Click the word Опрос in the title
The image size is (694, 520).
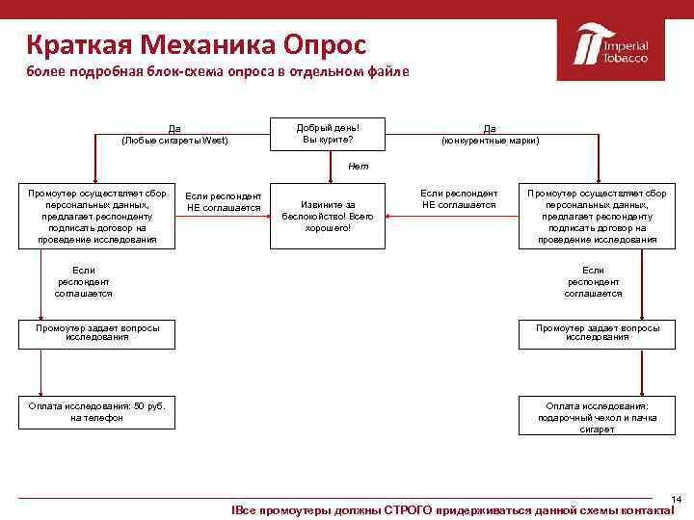(324, 43)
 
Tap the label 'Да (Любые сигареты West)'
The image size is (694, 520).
(174, 134)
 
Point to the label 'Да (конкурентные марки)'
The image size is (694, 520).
(490, 134)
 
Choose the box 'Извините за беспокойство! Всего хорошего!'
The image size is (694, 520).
(328, 216)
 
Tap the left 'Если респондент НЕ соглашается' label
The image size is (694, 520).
(224, 201)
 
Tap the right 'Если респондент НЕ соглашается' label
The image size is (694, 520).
(459, 199)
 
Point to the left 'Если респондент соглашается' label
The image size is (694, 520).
(83, 282)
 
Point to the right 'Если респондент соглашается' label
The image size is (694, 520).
(593, 282)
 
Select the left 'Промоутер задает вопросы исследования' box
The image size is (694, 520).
(97, 333)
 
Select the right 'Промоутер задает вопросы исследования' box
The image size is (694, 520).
(598, 333)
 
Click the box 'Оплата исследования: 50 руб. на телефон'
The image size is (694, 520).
(97, 412)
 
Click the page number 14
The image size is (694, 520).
(676, 499)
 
